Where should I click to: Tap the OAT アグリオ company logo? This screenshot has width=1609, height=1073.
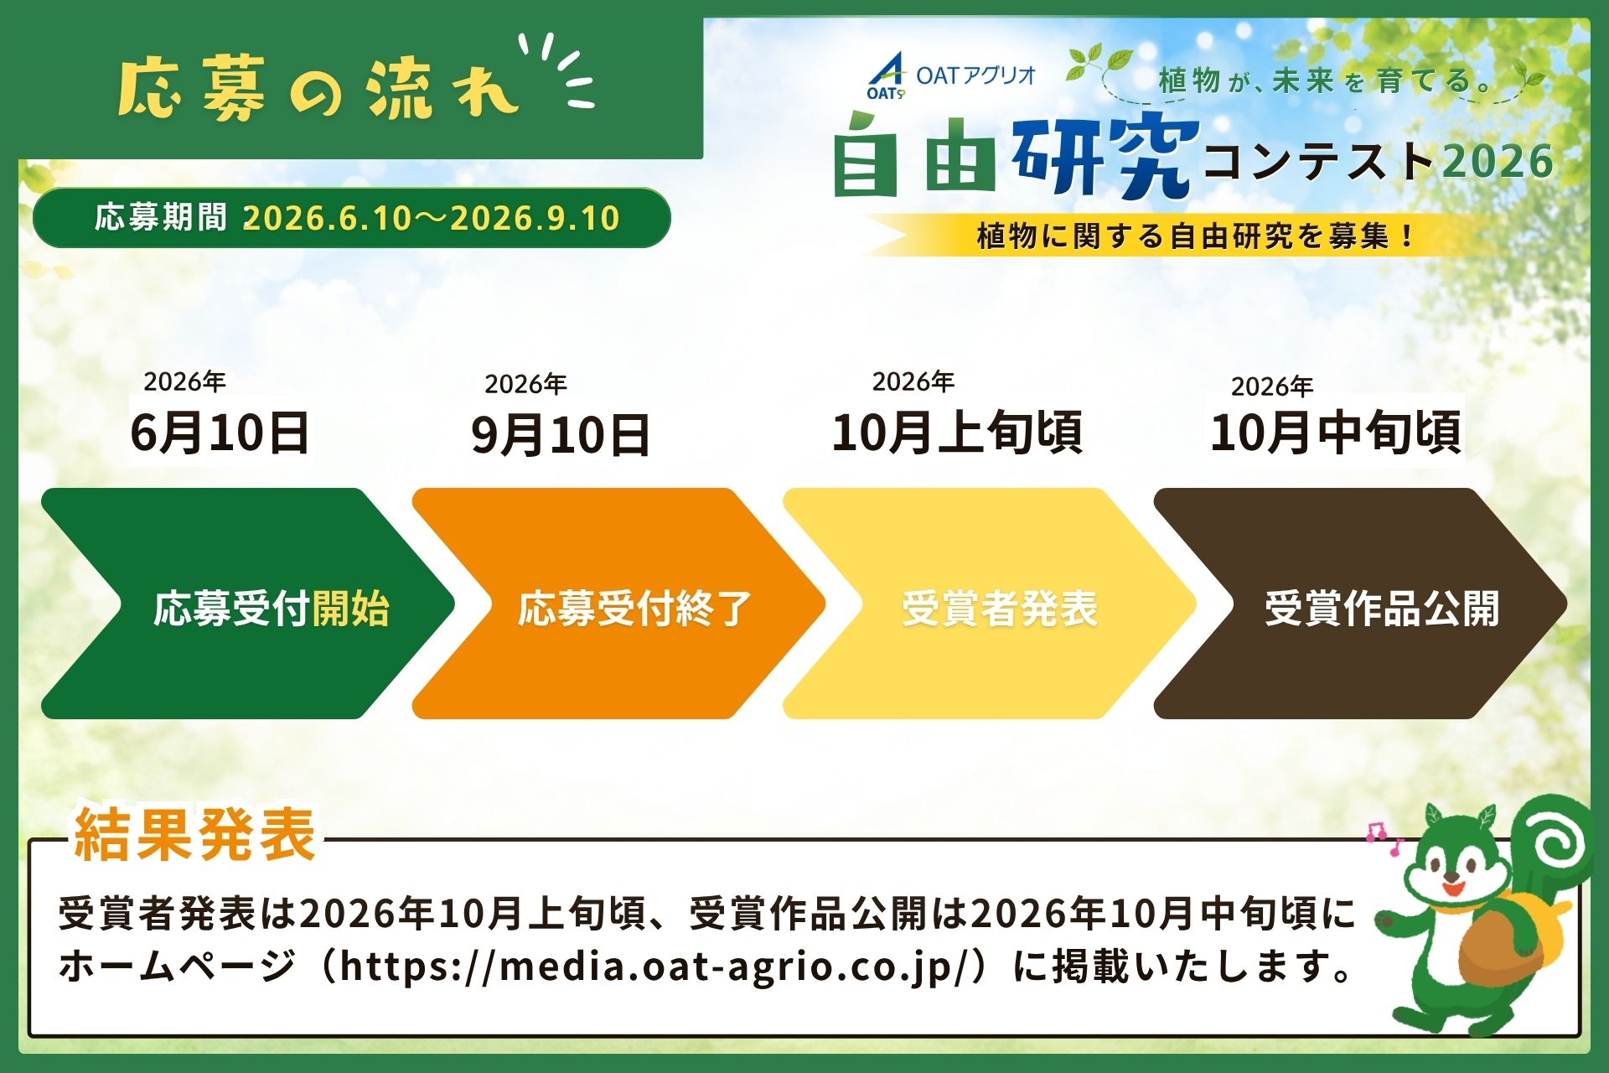coord(952,76)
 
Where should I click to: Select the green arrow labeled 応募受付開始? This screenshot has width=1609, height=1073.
coord(248,604)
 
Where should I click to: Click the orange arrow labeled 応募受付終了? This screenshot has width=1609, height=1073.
coord(619,604)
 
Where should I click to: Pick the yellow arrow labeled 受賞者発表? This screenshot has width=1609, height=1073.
coord(990,604)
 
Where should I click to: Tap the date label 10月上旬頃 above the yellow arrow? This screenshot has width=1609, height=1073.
coord(957,433)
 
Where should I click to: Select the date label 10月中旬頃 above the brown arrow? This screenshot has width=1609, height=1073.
coord(1336,433)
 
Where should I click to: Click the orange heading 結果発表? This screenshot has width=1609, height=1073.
coord(194,834)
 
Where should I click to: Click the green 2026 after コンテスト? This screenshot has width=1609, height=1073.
coord(1498,162)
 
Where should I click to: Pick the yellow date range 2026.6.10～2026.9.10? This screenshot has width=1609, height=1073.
coord(431,219)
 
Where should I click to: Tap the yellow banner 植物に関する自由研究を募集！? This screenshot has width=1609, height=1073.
coord(1193,236)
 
